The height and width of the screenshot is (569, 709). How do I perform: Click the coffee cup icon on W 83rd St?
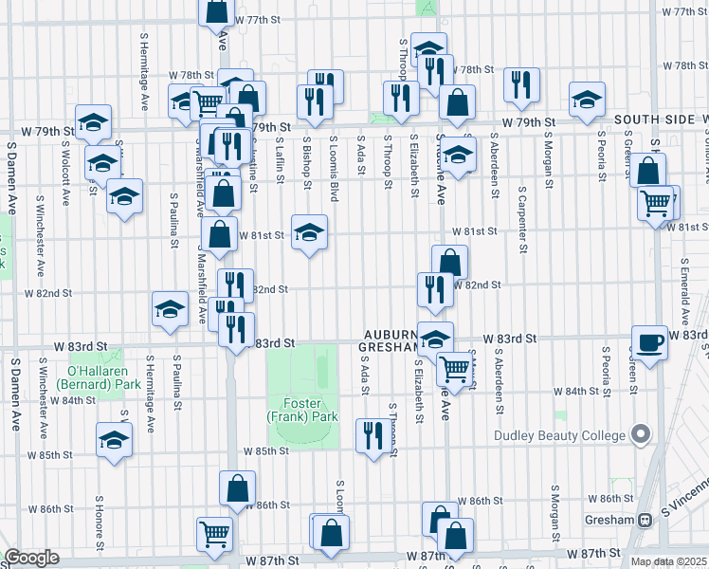(650, 341)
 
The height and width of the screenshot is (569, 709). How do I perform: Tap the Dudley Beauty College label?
(560, 436)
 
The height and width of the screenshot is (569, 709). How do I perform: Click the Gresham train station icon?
(645, 520)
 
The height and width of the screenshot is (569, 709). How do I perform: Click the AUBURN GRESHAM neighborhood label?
(390, 341)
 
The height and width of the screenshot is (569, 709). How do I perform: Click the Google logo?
(31, 558)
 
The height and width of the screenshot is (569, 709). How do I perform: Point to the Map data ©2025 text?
(668, 561)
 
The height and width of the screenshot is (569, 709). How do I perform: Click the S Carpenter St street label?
(522, 219)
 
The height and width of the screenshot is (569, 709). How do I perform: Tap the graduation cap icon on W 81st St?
(309, 231)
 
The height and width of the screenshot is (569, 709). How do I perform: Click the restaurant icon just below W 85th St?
(373, 435)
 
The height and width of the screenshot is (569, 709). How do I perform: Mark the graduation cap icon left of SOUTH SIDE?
(587, 99)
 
